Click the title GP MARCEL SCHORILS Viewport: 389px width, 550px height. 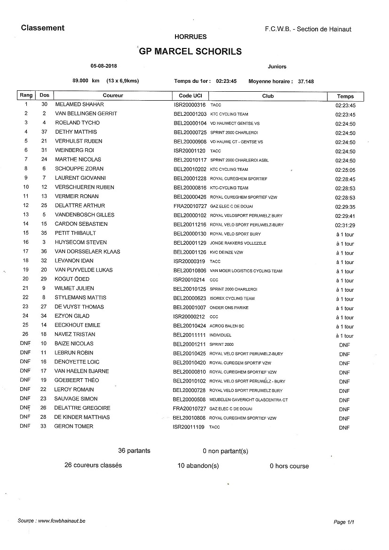pos(190,52)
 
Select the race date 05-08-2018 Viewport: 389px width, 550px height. pos(104,66)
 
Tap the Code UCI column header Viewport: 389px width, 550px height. pos(190,96)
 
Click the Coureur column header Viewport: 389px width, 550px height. pos(113,96)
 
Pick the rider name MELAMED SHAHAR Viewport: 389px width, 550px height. pos(79,104)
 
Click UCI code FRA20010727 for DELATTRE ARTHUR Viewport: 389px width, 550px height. pos(190,206)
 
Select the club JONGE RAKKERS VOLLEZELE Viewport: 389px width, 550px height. pos(238,243)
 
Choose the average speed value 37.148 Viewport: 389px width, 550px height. pos(306,81)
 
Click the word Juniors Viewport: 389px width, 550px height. pos(277,67)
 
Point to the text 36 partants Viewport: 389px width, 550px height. pos(135,451)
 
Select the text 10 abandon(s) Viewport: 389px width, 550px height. pos(198,466)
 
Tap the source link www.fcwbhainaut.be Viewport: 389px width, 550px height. pos(62,521)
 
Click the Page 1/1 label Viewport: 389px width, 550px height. pos(343,522)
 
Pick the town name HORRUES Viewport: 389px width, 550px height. pos(191,37)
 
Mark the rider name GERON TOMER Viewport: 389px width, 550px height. pos(74,427)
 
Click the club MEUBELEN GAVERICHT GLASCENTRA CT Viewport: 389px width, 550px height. pos(249,400)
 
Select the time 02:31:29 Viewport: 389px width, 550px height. pos(345,225)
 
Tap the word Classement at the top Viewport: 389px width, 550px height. pos(43,28)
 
